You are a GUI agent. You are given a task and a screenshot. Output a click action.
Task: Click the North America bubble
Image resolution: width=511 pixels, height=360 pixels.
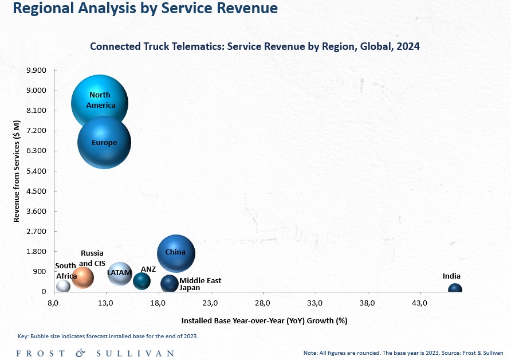[100, 98]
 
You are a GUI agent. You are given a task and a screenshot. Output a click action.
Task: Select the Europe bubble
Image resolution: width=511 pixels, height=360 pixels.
[104, 142]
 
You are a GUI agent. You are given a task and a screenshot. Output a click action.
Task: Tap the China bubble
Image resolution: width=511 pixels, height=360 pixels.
[176, 253]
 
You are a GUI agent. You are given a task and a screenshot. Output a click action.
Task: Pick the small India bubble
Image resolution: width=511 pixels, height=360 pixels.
[455, 288]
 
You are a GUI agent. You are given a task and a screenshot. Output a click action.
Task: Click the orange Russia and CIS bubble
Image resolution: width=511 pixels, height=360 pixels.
[82, 277]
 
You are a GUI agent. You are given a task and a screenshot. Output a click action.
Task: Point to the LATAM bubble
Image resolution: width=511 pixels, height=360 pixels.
[120, 273]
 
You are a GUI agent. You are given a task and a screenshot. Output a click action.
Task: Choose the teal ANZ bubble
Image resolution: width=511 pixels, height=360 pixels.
[141, 281]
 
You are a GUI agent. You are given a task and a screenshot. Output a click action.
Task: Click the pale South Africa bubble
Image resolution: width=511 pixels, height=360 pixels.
[63, 286]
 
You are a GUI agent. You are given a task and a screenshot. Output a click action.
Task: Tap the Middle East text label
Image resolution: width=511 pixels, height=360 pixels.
[200, 280]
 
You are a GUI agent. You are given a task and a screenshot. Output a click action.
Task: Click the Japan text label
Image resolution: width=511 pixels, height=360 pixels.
[190, 288]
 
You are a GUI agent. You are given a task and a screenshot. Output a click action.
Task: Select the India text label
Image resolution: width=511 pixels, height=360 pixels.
[451, 276]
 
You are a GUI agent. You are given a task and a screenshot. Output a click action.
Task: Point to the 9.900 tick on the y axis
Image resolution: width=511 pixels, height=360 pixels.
[37, 71]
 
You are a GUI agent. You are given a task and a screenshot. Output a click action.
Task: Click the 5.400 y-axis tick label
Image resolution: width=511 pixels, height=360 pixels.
[37, 171]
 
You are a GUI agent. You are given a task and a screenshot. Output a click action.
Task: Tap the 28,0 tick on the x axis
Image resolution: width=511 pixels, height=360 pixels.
[263, 303]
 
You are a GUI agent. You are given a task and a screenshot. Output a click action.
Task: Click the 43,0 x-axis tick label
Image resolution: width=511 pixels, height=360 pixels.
[419, 303]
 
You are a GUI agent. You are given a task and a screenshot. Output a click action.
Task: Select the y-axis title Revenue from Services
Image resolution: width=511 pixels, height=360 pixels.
[17, 171]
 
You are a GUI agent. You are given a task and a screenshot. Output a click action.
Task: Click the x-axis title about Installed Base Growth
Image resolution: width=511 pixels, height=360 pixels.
[264, 321]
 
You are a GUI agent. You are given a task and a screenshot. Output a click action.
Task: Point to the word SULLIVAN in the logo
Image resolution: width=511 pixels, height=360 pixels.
[135, 354]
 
